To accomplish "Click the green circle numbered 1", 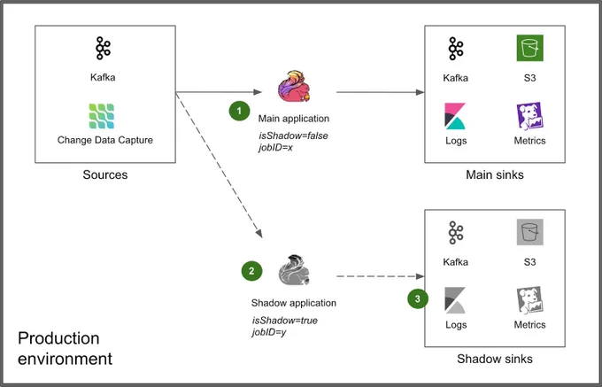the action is point(240,111).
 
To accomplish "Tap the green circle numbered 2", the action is point(251,271).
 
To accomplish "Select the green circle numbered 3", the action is point(418,298).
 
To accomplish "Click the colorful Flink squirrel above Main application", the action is point(294,87).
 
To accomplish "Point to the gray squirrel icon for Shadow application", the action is point(294,270).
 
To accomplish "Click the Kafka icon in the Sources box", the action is point(103,49).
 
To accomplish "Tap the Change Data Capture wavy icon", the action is point(102,116).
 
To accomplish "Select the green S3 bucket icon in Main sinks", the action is point(529,48).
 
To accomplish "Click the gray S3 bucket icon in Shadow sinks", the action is point(529,232).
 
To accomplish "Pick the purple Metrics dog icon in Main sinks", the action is point(529,116).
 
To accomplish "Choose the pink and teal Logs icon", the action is point(455,116).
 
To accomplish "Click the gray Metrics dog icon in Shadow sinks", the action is point(529,300).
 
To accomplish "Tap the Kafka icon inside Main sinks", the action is point(456,49).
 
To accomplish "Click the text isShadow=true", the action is point(285,321).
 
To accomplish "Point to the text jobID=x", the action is point(275,147).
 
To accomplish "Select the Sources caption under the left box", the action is point(105,174).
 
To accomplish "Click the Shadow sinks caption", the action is point(495,359).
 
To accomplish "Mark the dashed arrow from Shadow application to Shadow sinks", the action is point(380,276).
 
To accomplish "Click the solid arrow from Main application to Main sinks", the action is point(380,92).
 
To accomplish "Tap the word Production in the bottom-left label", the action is point(58,338).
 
